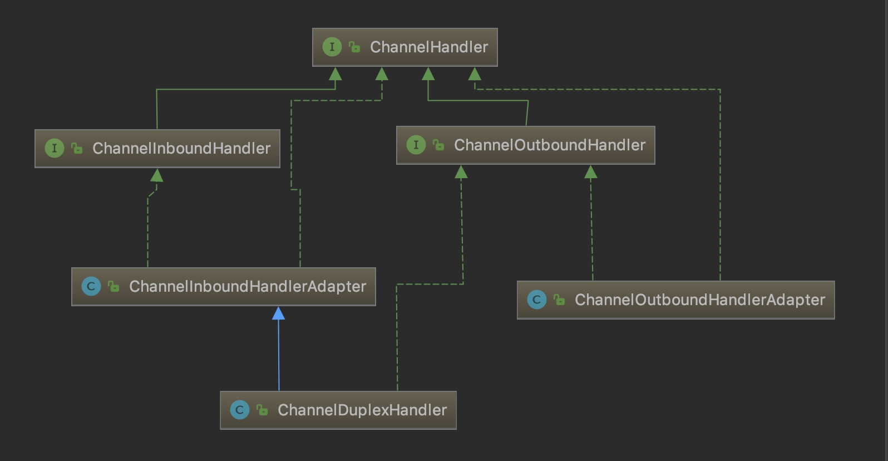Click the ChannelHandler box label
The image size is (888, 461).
tap(429, 47)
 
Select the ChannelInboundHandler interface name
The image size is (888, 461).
tap(181, 148)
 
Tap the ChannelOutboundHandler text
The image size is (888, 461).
tap(550, 145)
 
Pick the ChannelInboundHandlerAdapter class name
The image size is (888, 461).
tap(248, 286)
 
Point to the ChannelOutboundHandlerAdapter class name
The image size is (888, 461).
tap(700, 300)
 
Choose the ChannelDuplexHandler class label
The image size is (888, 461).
tap(362, 410)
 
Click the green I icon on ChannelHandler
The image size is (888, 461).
tap(332, 47)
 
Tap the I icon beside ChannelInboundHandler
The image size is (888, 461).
tap(55, 148)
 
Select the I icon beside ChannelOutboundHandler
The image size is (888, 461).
tap(416, 145)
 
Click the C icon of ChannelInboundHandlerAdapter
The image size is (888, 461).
tap(91, 286)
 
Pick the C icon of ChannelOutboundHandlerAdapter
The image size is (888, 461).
tap(537, 300)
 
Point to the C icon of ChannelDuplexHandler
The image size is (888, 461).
tap(240, 410)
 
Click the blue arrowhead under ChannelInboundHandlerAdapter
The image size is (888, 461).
tap(278, 313)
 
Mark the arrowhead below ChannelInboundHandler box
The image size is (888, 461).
tap(156, 175)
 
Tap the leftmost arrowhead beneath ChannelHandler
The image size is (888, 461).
tap(336, 74)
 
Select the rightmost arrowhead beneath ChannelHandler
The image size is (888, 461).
tap(475, 74)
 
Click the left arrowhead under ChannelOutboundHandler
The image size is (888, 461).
tap(461, 172)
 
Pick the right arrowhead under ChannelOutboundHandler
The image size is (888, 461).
tap(591, 172)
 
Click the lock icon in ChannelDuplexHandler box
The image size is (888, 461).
tap(263, 410)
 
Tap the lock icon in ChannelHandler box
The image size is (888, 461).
tap(354, 47)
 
